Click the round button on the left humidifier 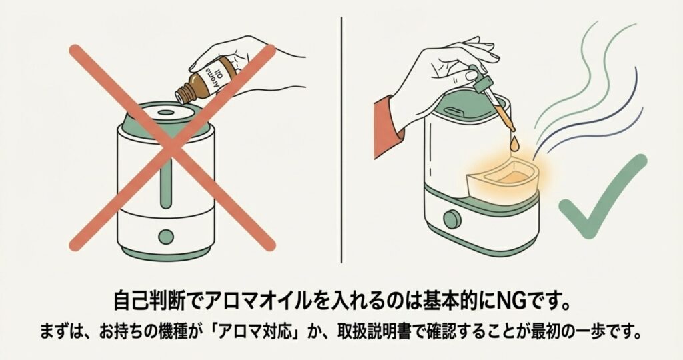[166, 237]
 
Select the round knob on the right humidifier [453, 219]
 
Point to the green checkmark [601, 195]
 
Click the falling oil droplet [516, 144]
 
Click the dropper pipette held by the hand [493, 98]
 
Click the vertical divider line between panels [341, 140]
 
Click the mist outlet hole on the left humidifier [165, 112]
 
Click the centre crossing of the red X [173, 147]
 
